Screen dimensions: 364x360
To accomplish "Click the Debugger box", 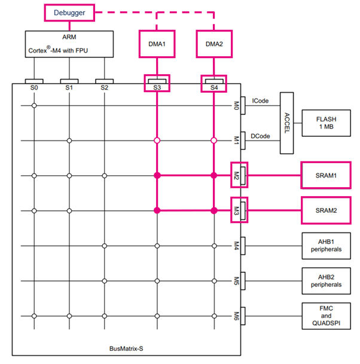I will coord(70,11).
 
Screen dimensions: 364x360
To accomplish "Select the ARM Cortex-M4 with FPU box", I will coord(69,44).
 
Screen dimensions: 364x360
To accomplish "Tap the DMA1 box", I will coord(157,44).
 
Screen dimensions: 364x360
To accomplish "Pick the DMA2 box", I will coord(213,44).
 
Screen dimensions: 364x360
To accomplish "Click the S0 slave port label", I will coord(34,88).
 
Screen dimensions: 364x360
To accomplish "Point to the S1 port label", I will coord(69,88).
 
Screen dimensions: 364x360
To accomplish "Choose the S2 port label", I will coord(105,88).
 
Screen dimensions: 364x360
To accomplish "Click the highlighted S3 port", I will coord(157,84).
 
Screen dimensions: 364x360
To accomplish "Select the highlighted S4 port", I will coord(213,84).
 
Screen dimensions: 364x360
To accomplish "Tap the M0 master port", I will coord(236,106).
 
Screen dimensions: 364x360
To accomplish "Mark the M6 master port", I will coord(236,315).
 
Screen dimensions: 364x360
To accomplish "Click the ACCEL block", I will coord(286,123).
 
